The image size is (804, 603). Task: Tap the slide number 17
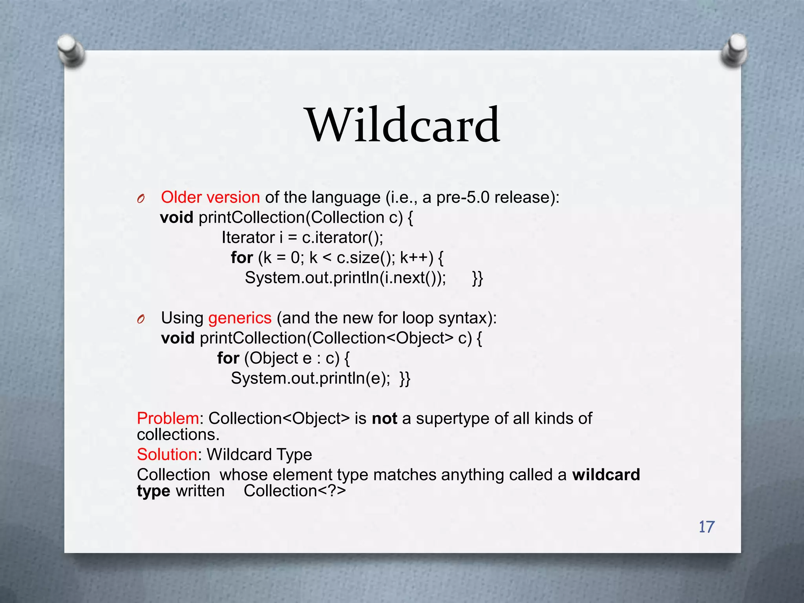pyautogui.click(x=706, y=527)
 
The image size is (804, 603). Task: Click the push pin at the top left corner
pyautogui.click(x=71, y=51)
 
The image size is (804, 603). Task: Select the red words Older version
pyautogui.click(x=210, y=197)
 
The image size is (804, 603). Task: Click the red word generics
pyautogui.click(x=239, y=318)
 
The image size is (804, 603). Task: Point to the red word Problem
pyautogui.click(x=168, y=418)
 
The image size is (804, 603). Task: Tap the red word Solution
pyautogui.click(x=167, y=455)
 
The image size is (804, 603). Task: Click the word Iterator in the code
pyautogui.click(x=248, y=238)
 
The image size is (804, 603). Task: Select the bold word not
pyautogui.click(x=384, y=418)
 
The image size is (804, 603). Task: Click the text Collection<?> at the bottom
pyautogui.click(x=294, y=491)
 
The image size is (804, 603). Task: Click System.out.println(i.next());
pyautogui.click(x=345, y=278)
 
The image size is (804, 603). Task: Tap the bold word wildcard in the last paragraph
pyautogui.click(x=606, y=475)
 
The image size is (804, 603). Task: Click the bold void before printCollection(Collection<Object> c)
pyautogui.click(x=178, y=338)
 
